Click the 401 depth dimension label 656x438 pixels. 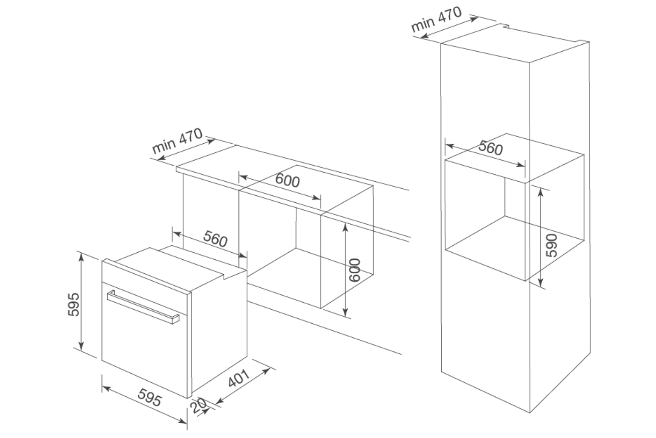tap(239, 380)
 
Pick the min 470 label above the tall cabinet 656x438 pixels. tap(436, 19)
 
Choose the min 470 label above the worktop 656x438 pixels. tap(177, 140)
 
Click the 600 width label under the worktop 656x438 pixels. tap(287, 180)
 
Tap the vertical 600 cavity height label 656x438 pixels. tap(355, 270)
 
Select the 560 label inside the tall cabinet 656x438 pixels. tap(490, 148)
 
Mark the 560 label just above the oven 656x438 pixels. tap(215, 239)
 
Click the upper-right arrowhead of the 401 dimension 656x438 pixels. tap(267, 370)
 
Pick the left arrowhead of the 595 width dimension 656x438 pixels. tap(105, 387)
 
